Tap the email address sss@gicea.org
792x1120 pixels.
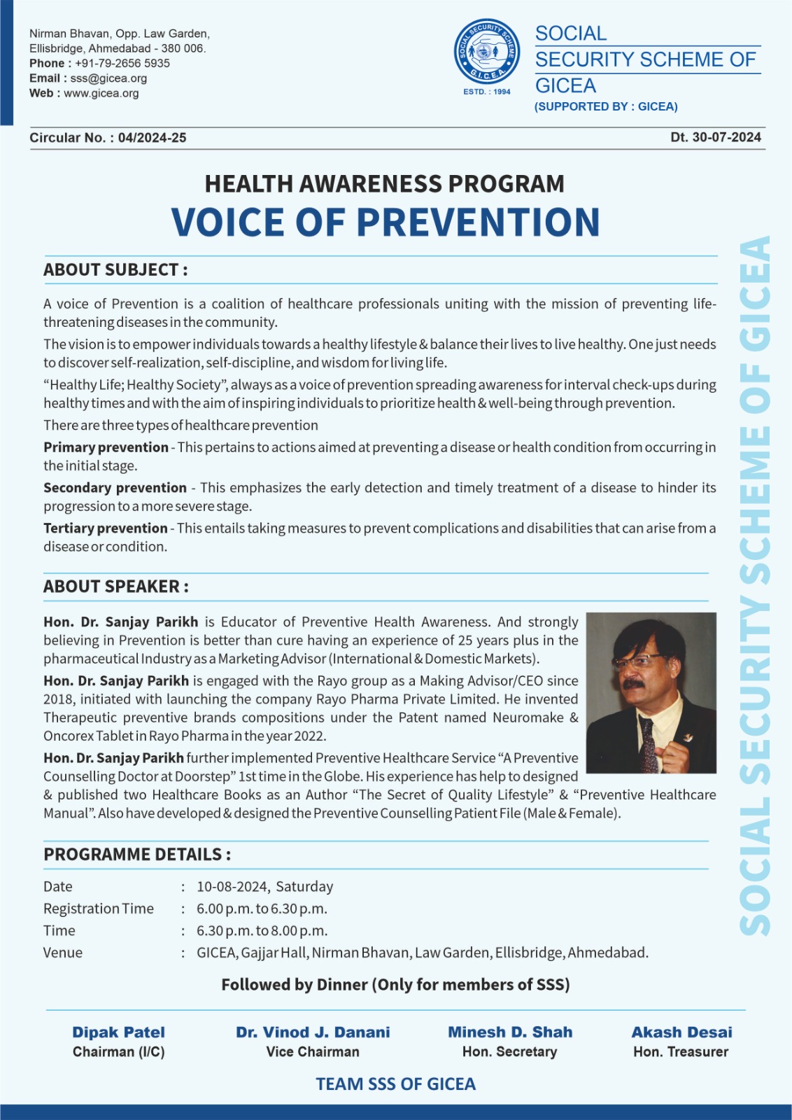[x=108, y=78]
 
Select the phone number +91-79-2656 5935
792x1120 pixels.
[x=122, y=63]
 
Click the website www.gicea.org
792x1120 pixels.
[x=101, y=93]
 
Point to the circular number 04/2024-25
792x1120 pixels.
[x=152, y=138]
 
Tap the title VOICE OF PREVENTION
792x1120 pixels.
[x=386, y=222]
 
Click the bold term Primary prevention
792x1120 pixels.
[x=106, y=447]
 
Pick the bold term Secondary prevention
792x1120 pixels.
[x=115, y=488]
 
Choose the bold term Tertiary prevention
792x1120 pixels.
[x=106, y=528]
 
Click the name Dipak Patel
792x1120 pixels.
[x=119, y=1032]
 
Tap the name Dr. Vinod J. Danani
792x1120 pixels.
[x=313, y=1032]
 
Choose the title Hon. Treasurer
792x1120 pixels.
[x=681, y=1052]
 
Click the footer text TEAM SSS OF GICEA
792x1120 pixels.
[x=395, y=1084]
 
